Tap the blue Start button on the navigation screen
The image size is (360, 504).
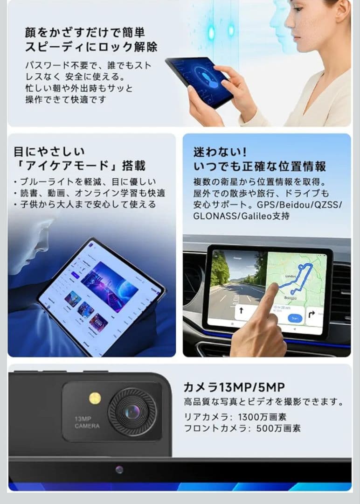[295, 318]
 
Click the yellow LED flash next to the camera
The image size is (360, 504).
[95, 398]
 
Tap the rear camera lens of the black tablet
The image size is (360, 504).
[132, 412]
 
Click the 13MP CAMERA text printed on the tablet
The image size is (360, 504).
[87, 422]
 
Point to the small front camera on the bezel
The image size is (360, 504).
[120, 469]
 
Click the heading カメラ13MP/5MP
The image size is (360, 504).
[234, 387]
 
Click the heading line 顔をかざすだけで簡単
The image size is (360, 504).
[85, 32]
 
